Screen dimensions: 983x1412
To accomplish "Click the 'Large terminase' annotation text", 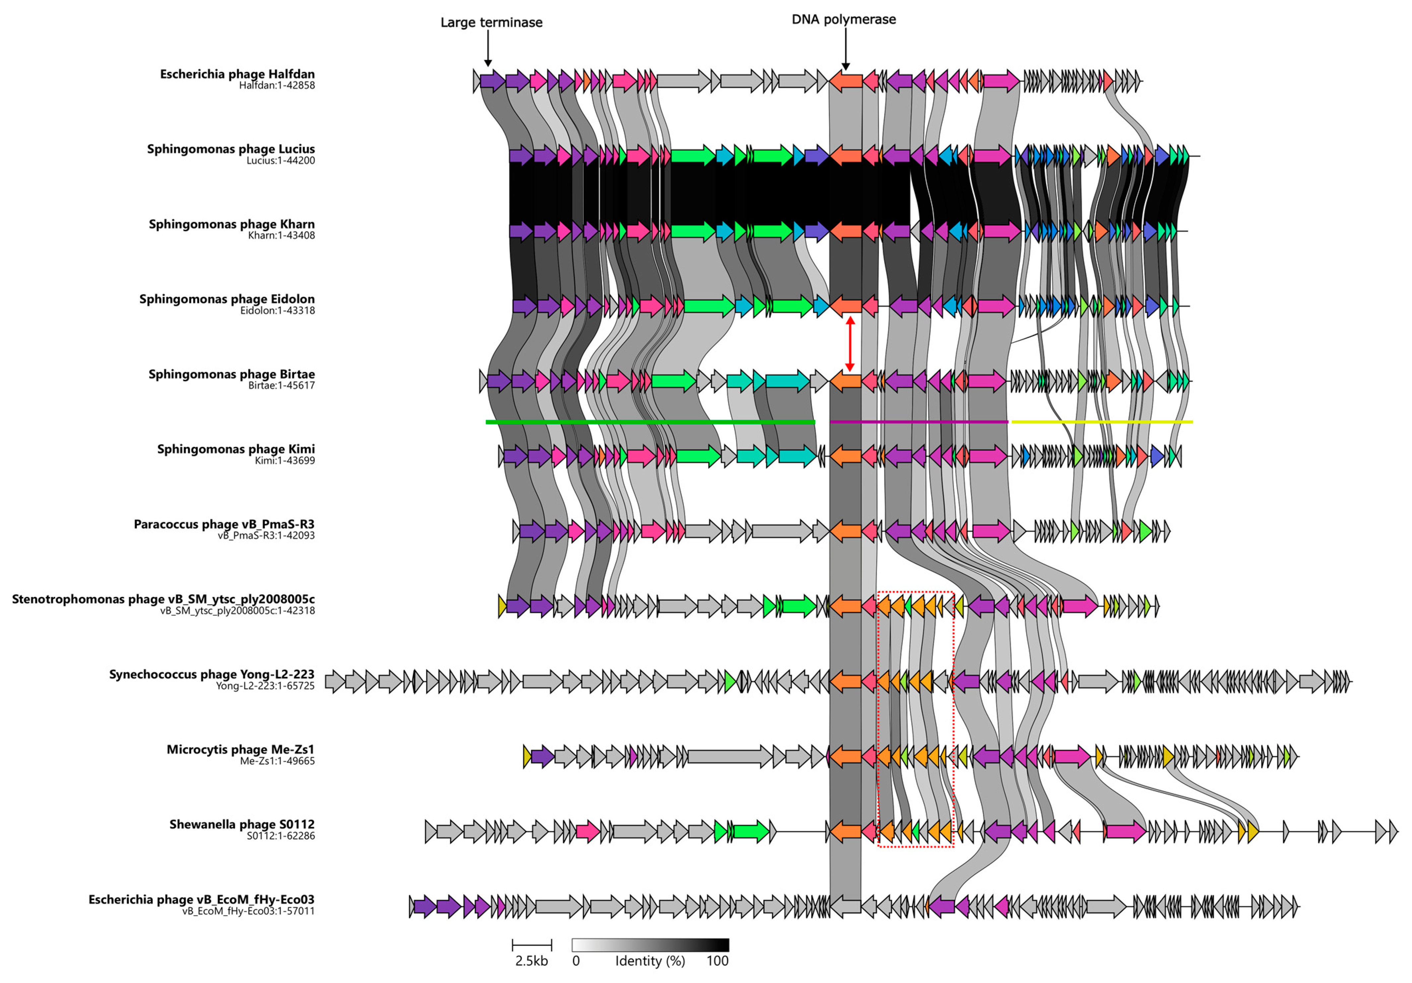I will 491,23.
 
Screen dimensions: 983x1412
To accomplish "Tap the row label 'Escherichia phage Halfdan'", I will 237,74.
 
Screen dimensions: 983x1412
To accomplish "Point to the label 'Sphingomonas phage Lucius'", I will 231,149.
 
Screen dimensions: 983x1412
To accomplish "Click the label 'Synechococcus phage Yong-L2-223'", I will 212,675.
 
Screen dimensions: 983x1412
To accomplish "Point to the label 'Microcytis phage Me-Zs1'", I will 241,750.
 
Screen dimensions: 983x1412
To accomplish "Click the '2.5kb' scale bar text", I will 531,961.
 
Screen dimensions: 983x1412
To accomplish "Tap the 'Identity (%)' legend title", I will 650,961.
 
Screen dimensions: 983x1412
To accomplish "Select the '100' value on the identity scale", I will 717,961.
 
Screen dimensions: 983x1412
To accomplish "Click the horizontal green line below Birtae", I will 650,422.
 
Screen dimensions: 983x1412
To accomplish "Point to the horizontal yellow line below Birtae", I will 1102,422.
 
